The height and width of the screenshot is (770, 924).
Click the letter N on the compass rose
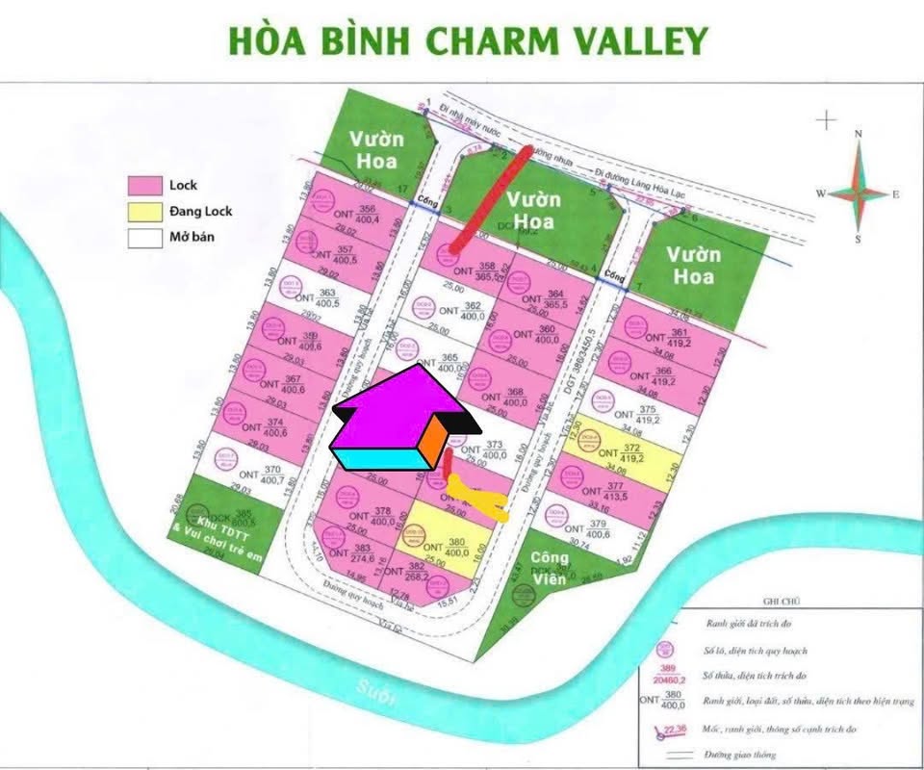[859, 134]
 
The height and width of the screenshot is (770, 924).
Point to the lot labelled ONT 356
[346, 217]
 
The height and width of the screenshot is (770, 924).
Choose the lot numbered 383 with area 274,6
[351, 554]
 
